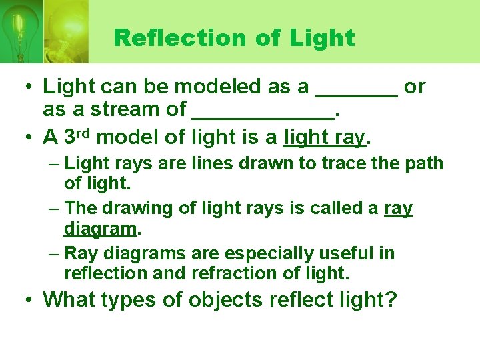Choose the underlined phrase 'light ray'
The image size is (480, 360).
coord(325,137)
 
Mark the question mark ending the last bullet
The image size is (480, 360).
coord(391,300)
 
